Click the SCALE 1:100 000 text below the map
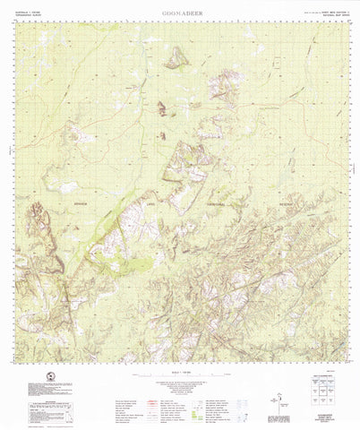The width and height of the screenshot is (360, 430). coord(180,369)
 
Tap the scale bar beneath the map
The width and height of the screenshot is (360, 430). coord(179,374)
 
